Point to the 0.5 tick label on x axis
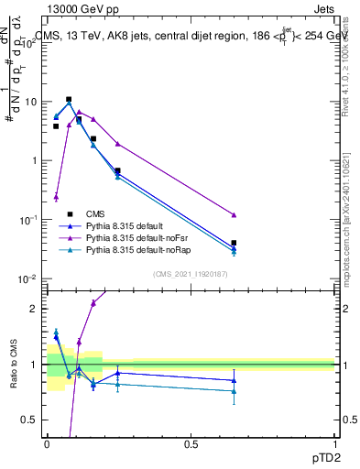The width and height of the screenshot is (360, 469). click(191, 443)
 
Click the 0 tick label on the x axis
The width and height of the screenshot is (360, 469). click(47, 443)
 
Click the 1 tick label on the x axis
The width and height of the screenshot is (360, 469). click(335, 443)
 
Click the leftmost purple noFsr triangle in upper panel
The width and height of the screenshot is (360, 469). click(56, 196)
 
